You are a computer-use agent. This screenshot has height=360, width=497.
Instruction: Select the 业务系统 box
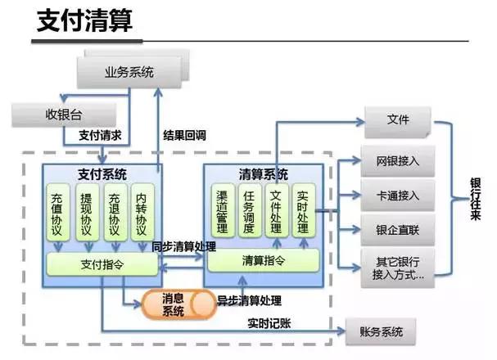point(128,72)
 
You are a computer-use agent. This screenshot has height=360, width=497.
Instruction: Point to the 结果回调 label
point(184,135)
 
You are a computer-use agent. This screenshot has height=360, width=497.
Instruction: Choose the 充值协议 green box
point(58,212)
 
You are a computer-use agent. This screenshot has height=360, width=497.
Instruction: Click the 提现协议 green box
point(86,212)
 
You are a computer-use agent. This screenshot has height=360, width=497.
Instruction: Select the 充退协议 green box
point(115,212)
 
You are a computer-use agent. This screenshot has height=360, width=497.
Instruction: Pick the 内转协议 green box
point(142,212)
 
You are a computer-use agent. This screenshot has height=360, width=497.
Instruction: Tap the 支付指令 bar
point(102,264)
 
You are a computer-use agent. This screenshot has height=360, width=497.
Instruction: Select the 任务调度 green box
point(249,210)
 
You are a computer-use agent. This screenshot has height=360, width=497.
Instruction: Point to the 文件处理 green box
point(276,210)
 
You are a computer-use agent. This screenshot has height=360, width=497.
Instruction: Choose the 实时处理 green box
point(303,210)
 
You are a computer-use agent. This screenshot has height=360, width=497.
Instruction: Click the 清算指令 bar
point(263,260)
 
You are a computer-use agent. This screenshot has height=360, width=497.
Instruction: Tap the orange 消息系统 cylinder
point(174,304)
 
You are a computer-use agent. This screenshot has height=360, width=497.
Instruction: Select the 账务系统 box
point(381,332)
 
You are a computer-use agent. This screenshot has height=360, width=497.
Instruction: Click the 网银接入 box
point(398,161)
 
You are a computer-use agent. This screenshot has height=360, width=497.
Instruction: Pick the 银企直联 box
point(398,230)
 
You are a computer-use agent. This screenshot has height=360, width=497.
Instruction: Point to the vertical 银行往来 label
point(475,198)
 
